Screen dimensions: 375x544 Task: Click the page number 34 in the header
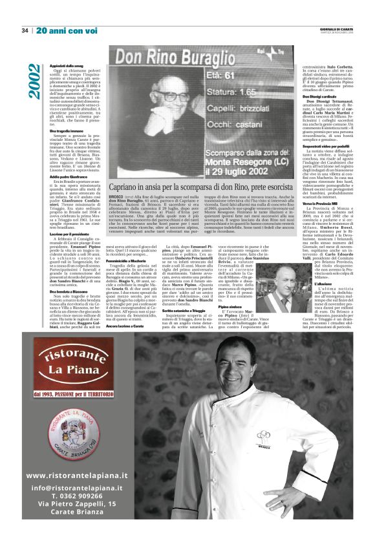point(25,30)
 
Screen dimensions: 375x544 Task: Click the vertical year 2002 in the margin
point(33,81)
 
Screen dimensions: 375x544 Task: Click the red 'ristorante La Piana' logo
point(72,360)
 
